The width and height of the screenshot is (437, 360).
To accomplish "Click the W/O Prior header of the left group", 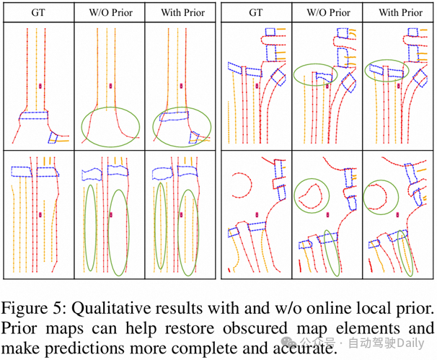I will coord(110,13).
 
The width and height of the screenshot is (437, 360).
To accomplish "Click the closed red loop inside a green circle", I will coord(311,194).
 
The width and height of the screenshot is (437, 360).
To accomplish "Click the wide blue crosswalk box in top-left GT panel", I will coord(33,115).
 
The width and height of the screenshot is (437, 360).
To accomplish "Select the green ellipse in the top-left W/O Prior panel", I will coord(110,123).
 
